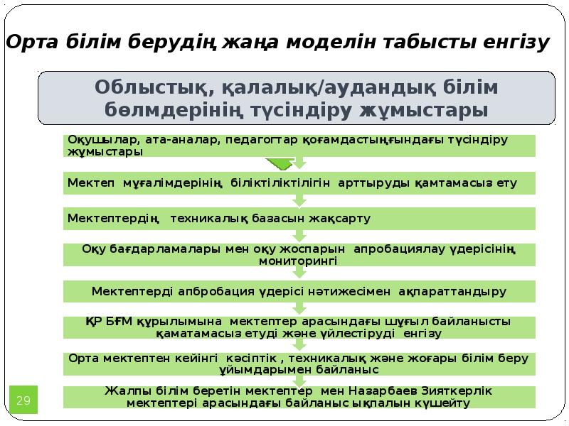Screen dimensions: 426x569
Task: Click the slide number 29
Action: coord(23,401)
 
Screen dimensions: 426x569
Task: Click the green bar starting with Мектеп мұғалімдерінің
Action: coord(299,182)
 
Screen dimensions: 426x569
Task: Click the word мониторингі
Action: coord(298,261)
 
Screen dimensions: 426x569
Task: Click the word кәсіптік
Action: coord(255,357)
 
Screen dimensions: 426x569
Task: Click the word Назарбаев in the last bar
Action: coord(383,391)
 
